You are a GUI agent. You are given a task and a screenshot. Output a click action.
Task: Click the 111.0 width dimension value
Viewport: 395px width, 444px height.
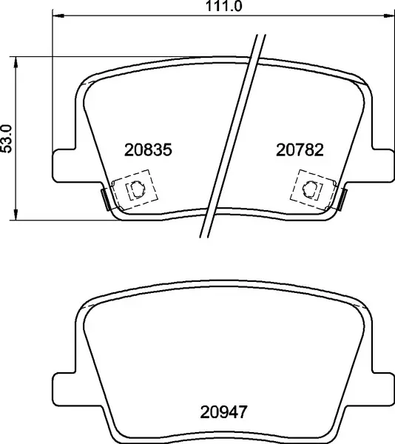coord(223,6)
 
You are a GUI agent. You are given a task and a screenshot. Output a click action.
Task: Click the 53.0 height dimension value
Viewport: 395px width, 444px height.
coord(7,139)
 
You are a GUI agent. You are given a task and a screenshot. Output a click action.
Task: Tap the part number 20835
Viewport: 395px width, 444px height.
coord(148,149)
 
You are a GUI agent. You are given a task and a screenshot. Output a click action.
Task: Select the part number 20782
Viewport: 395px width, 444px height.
coord(300,149)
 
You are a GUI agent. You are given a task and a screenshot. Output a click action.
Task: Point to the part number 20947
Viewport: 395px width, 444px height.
coord(223,412)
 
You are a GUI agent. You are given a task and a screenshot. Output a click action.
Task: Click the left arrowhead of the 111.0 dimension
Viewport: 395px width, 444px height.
coord(58,15)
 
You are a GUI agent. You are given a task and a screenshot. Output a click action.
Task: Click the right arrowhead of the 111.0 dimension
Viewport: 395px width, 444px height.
coord(388,15)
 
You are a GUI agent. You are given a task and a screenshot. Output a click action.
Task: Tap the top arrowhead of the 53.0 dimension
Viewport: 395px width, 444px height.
coord(16,62)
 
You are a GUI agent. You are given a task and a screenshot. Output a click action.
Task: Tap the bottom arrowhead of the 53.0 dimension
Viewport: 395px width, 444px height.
coord(16,215)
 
